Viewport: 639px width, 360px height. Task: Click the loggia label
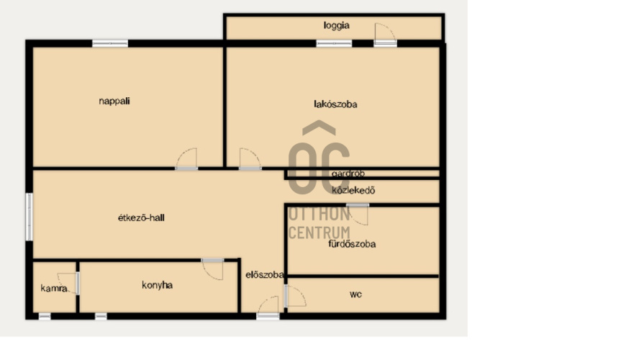tap(336, 26)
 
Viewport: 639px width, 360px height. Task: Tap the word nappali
tap(114, 101)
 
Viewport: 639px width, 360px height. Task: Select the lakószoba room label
tap(335, 104)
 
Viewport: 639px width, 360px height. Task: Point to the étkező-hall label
tap(141, 217)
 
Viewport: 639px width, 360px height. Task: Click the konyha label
tap(157, 285)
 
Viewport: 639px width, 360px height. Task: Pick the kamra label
tap(54, 288)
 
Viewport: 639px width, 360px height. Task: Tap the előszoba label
tap(265, 275)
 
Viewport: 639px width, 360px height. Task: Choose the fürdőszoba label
tap(352, 244)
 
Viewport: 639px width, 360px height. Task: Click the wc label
tap(355, 294)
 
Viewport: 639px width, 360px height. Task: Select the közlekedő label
tap(353, 190)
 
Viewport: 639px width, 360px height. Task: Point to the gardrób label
tap(348, 174)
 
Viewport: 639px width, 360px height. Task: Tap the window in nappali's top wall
tap(110, 43)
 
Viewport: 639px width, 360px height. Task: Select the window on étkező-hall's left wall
tap(29, 217)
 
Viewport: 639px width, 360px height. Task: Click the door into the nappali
tap(186, 159)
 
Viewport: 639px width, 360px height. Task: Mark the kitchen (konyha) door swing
tap(212, 269)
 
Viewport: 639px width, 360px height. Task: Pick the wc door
tap(295, 296)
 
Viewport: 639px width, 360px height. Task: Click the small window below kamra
tap(45, 316)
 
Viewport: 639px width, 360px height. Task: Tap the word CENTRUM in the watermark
tap(319, 233)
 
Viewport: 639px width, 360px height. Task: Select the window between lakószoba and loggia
tap(334, 43)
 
